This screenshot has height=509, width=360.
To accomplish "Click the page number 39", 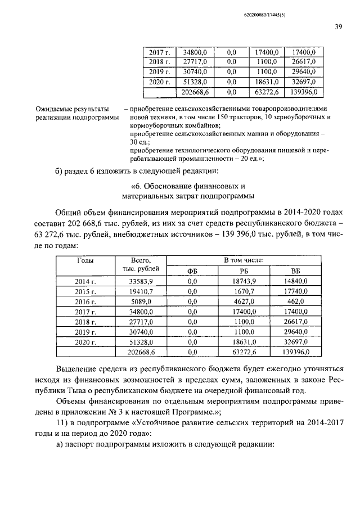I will point(339,26).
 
